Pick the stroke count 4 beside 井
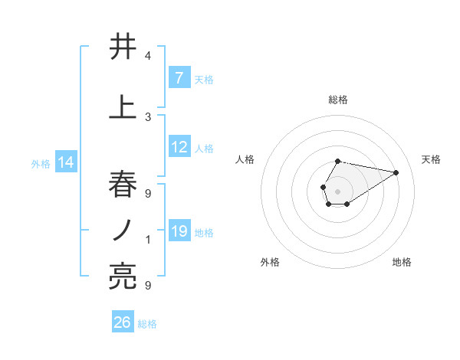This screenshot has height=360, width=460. click(x=148, y=56)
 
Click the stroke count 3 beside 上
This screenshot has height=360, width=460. click(x=148, y=116)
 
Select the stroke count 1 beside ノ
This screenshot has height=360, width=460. click(x=148, y=240)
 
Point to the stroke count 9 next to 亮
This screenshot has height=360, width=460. click(x=148, y=286)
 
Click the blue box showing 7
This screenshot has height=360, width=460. click(x=179, y=77)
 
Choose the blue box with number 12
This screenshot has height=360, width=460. click(x=179, y=147)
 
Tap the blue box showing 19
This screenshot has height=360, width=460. click(x=179, y=231)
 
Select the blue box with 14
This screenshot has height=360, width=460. click(x=65, y=162)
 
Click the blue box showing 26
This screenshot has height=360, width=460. click(x=123, y=322)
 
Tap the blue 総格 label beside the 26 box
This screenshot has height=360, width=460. click(x=147, y=324)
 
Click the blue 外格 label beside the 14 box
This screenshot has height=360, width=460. click(x=41, y=164)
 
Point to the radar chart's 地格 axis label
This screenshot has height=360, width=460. click(x=402, y=262)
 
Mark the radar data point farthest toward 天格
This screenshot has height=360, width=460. click(x=396, y=172)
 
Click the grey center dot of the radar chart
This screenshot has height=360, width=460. click(x=337, y=190)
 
